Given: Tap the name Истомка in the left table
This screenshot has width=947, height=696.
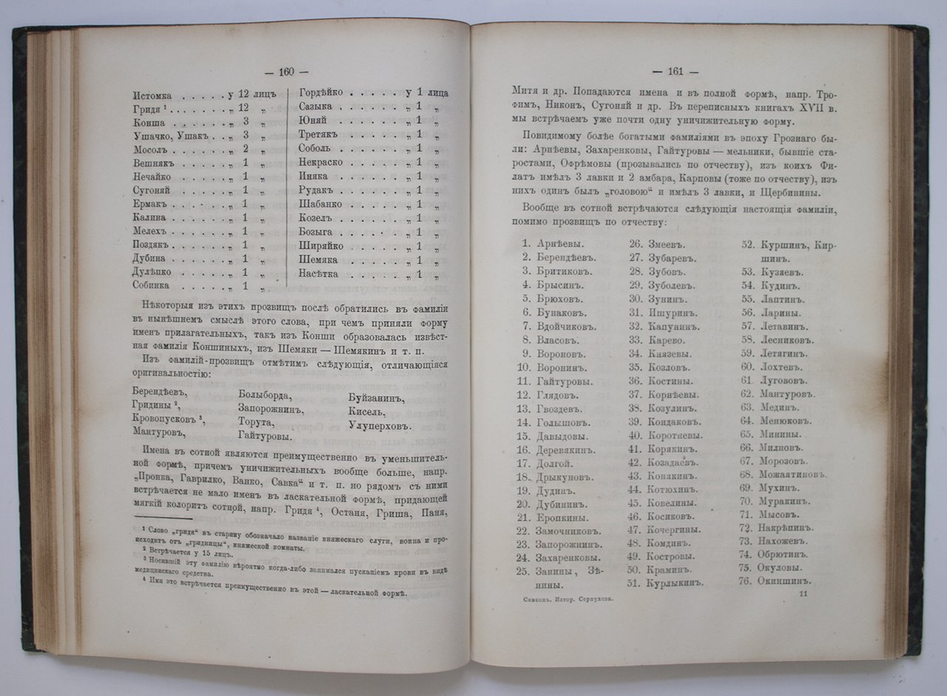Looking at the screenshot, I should [153, 95].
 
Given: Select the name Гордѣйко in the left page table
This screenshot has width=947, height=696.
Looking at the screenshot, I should [320, 93].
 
